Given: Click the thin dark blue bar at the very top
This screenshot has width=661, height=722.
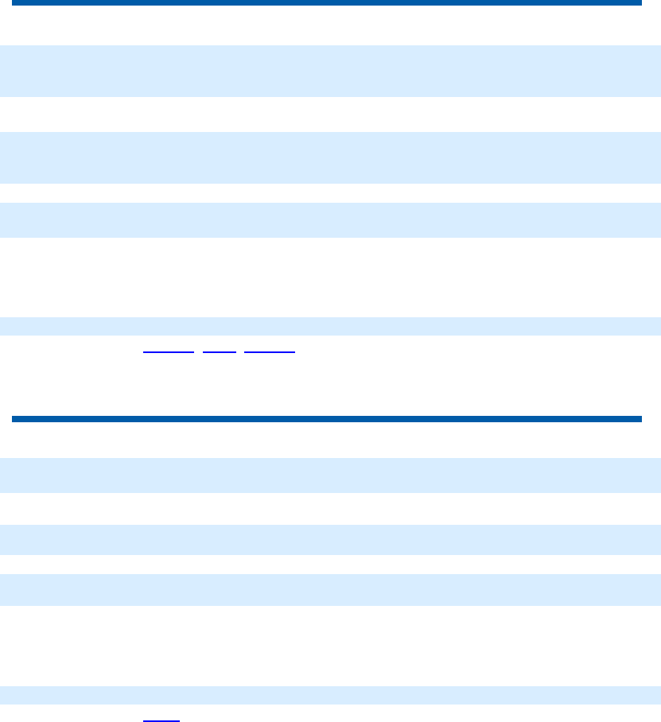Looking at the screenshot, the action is click(326, 3).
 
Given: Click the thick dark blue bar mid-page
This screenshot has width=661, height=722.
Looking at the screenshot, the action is click(326, 418).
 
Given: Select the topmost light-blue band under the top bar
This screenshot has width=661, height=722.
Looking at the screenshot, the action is click(330, 71).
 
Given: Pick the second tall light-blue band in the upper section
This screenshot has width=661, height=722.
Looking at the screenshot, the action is click(330, 157).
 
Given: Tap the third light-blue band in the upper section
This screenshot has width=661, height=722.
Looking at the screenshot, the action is click(330, 219).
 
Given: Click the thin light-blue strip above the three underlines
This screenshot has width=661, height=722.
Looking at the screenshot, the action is click(330, 326).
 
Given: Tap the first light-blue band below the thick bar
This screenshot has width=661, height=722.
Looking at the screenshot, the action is click(330, 475).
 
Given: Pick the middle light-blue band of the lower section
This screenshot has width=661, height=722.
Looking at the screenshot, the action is click(330, 539).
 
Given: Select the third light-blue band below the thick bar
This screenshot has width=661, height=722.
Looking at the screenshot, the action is click(330, 589).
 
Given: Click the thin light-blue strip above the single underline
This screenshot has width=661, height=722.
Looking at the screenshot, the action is click(330, 695).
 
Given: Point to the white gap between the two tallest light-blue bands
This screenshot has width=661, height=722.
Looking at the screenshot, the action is click(330, 115).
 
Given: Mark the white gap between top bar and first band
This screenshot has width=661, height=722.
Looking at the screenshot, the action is click(330, 25).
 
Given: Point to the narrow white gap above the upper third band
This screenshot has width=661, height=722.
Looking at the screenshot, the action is click(330, 193).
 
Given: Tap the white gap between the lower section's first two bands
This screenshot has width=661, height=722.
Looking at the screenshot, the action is click(330, 508).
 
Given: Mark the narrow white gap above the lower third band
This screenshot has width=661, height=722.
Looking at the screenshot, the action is click(330, 565).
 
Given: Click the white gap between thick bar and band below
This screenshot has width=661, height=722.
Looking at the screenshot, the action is click(330, 440).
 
